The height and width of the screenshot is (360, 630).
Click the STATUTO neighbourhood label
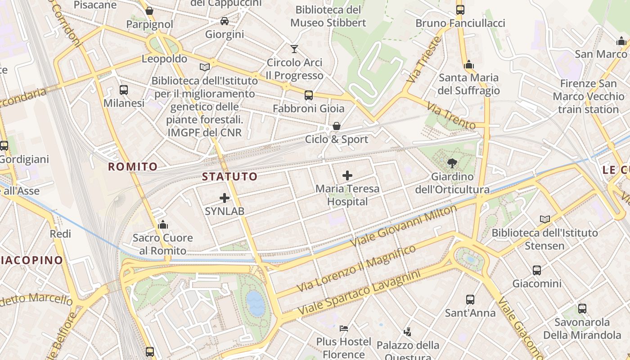click(229, 176)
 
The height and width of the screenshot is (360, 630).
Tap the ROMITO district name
click(133, 167)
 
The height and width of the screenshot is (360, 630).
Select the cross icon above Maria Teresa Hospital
click(347, 175)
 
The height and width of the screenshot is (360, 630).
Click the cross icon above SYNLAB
click(224, 198)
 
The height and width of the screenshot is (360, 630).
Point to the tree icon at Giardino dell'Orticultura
click(452, 163)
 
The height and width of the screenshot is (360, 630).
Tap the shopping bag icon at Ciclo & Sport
click(336, 126)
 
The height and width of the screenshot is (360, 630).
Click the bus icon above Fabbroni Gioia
click(308, 95)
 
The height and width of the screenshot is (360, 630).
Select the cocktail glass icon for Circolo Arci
click(294, 49)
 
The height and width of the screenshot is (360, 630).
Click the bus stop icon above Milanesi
click(124, 90)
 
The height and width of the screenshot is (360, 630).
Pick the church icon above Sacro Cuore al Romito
click(162, 224)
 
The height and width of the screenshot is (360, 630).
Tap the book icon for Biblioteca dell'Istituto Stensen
click(544, 219)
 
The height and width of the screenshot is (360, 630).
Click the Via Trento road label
click(450, 116)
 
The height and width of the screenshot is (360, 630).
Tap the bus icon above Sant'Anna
click(470, 299)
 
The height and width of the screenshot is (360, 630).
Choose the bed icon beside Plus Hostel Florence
click(344, 328)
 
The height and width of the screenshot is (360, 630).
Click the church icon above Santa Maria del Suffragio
click(469, 64)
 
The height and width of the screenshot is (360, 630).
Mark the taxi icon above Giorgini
click(224, 21)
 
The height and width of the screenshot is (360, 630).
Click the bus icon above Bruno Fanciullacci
click(460, 9)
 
